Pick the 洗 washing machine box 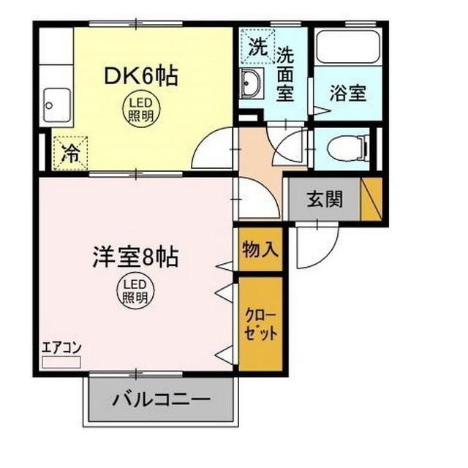[257, 49]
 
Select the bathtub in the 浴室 [348, 49]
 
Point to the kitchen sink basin [56, 105]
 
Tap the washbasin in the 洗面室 [252, 86]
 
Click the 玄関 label [325, 198]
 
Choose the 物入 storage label [260, 249]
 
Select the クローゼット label [261, 322]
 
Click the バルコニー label [162, 400]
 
